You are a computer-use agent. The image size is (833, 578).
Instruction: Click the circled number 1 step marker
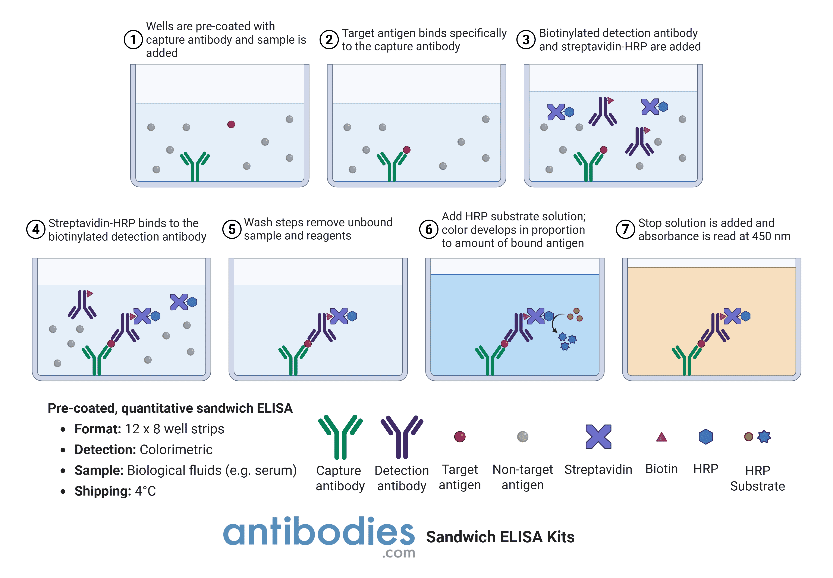tap(133, 40)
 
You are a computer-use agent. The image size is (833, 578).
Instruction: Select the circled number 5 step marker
tap(232, 229)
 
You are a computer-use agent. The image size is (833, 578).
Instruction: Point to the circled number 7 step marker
tap(625, 229)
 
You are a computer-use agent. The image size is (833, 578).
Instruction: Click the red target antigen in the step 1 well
tap(231, 125)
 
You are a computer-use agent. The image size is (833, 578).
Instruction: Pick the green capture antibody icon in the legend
tap(340, 437)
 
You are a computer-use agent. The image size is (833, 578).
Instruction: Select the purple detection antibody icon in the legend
tap(402, 437)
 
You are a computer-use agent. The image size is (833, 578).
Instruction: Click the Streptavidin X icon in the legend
tap(598, 436)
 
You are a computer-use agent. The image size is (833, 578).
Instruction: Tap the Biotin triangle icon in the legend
tap(661, 437)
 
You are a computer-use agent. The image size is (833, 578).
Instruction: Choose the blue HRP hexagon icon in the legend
tap(705, 437)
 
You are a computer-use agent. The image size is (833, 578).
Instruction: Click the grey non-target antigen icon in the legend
tap(523, 437)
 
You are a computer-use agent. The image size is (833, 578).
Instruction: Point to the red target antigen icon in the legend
tap(460, 437)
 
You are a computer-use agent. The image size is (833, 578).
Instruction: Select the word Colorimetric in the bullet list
tap(176, 449)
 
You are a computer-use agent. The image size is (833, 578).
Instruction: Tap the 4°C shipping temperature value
tap(145, 491)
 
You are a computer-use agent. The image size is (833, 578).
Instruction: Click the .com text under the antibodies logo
tap(398, 553)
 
